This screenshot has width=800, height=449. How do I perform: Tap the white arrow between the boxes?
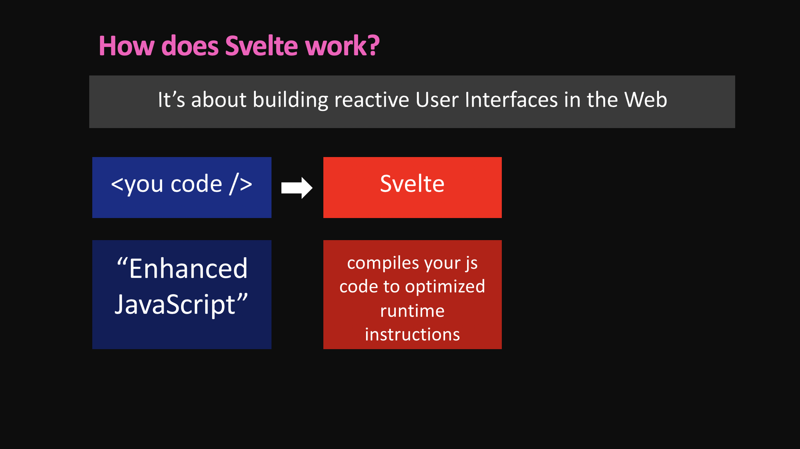[x=297, y=188]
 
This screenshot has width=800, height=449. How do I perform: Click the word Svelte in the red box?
[x=412, y=184]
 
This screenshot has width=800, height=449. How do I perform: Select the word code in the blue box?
[x=196, y=184]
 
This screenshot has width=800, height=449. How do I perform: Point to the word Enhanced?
[x=188, y=268]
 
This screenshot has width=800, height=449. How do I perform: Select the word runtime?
[x=412, y=311]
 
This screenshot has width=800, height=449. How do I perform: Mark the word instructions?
[x=412, y=335]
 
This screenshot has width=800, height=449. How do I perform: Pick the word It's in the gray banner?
[x=172, y=100]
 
